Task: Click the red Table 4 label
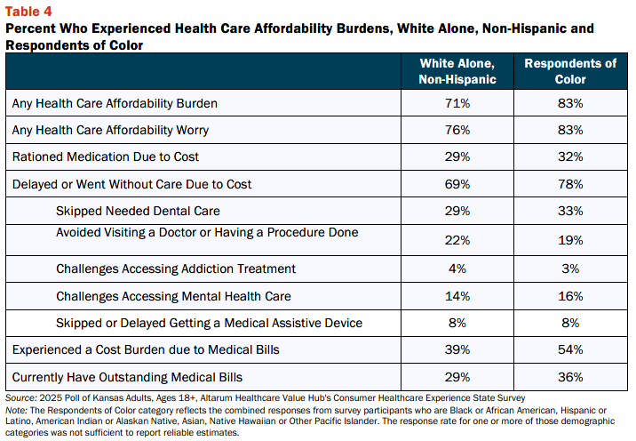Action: (x=28, y=12)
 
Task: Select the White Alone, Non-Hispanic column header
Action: (x=457, y=71)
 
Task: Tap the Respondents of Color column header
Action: (x=570, y=71)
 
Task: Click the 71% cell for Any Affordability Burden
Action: (x=457, y=103)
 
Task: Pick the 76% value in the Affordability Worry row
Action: (x=457, y=130)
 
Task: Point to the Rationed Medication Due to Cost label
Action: (x=106, y=156)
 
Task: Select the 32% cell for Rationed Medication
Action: (x=570, y=156)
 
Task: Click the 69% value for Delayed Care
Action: (x=457, y=184)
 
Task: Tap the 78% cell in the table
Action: (x=570, y=184)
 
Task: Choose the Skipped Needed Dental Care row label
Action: (x=138, y=211)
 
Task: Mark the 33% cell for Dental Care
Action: (x=570, y=211)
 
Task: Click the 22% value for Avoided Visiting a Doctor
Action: (x=457, y=240)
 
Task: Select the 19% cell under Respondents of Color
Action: (x=570, y=240)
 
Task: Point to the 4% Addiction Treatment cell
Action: (x=457, y=269)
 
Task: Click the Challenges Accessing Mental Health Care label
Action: (x=173, y=296)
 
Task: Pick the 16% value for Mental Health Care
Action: (x=570, y=296)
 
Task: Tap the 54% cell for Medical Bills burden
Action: (x=570, y=349)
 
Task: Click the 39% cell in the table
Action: (x=457, y=349)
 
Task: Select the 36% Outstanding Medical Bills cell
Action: (x=570, y=377)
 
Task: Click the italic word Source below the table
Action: (x=20, y=398)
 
